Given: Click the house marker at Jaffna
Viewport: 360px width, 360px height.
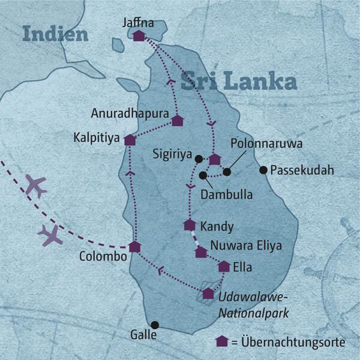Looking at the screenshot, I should click(139, 36).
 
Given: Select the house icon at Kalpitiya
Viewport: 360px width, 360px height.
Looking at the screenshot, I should click(130, 140).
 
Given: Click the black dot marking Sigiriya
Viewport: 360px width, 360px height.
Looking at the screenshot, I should click(199, 158).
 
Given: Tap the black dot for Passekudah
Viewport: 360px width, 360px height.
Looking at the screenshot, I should click(263, 170).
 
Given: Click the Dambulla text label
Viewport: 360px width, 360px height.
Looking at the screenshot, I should click(226, 194).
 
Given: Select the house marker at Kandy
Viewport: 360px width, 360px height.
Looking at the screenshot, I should click(190, 225).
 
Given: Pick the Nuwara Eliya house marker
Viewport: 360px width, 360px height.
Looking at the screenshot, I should click(201, 252).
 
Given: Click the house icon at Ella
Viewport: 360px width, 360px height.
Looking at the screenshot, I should click(224, 266).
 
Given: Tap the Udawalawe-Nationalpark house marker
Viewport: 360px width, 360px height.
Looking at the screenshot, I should click(208, 293).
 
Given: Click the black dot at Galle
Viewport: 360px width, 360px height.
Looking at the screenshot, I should click(155, 325).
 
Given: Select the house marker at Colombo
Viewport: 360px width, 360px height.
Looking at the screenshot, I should click(135, 247).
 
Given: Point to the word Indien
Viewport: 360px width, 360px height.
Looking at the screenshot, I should click(55, 34).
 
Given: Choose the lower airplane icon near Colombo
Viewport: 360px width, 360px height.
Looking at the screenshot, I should click(50, 235).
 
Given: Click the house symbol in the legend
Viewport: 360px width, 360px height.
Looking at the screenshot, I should click(222, 341).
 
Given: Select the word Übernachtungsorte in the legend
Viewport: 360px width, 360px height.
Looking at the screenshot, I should click(292, 342).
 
